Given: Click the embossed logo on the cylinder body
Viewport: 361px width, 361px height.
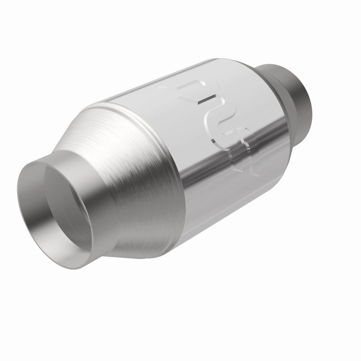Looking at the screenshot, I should pos(221,126).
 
